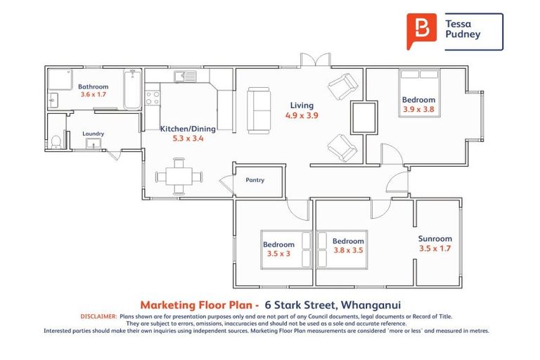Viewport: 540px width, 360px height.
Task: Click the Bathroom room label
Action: [x=93, y=86]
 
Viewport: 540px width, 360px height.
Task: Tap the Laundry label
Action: [x=93, y=134]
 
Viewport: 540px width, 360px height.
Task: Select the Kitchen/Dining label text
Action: [x=188, y=129]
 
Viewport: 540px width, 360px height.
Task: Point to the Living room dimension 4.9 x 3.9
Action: [x=302, y=115]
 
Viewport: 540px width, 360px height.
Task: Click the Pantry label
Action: [x=255, y=180]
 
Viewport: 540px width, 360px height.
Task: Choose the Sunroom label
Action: [x=435, y=239]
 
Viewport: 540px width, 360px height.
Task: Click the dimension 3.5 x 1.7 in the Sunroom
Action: [x=435, y=248]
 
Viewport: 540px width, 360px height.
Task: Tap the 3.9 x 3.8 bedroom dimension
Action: [x=418, y=109]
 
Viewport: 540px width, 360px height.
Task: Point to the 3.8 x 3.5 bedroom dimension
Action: [x=348, y=250]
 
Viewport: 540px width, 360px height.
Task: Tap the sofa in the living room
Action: [x=259, y=108]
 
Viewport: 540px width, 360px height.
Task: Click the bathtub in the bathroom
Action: [x=132, y=89]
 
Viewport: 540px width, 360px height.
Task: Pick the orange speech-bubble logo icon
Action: [x=421, y=31]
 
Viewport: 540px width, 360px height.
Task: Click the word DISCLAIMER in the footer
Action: [x=98, y=317]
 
